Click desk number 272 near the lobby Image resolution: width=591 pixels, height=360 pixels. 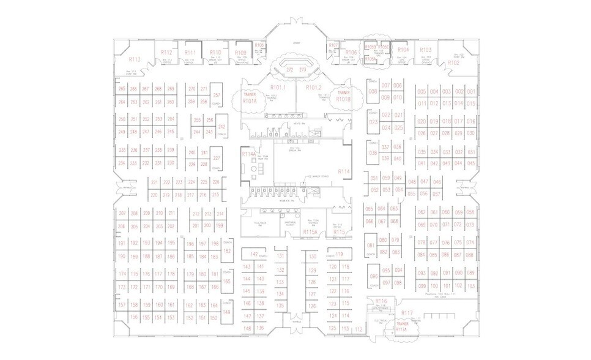click(x=290, y=70)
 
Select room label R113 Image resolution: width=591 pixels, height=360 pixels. click(x=135, y=59)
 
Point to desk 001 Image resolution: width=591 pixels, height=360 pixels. click(x=470, y=92)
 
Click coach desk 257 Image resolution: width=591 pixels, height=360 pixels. click(x=217, y=96)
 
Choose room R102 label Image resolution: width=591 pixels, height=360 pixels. click(x=453, y=62)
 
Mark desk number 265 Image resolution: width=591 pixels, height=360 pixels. click(x=122, y=89)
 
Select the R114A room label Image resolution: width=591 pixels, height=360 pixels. click(x=248, y=154)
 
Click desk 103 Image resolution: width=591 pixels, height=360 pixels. click(x=470, y=286)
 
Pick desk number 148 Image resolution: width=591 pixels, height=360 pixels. click(x=247, y=329)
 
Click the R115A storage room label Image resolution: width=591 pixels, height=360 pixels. click(x=310, y=232)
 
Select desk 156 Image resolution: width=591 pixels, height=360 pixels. click(x=134, y=317)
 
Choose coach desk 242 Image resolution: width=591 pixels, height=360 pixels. click(x=221, y=127)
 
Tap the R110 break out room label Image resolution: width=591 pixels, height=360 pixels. click(x=215, y=53)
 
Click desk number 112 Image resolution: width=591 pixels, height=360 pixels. click(x=359, y=329)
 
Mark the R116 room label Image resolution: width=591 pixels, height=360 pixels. click(x=382, y=301)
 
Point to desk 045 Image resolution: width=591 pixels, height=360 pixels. click(x=470, y=163)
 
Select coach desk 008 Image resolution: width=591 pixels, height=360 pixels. click(x=372, y=92)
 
